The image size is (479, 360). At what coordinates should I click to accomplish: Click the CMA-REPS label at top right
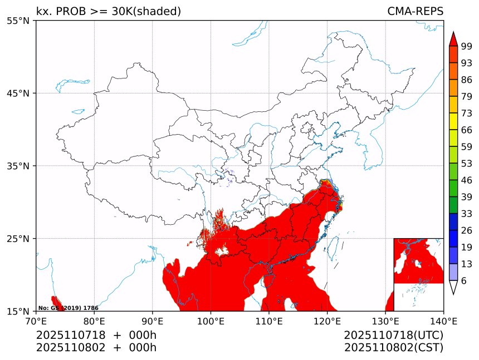(415, 12)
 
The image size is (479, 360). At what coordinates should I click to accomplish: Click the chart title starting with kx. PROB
(109, 12)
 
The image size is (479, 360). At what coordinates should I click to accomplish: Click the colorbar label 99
(467, 46)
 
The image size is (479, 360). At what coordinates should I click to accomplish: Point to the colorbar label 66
(467, 130)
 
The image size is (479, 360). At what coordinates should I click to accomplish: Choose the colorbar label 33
(467, 214)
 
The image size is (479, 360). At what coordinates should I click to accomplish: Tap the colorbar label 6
(464, 281)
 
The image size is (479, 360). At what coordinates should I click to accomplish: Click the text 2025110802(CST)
(393, 348)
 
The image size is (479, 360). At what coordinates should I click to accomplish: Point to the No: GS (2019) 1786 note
(68, 308)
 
